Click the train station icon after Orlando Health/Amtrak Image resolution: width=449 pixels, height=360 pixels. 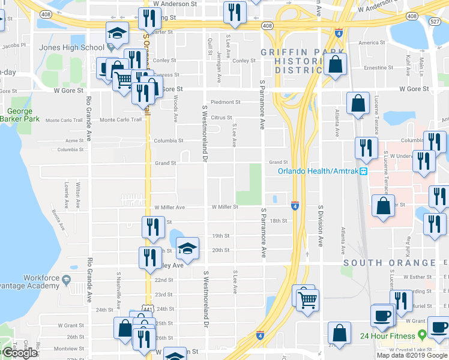tap(363, 171)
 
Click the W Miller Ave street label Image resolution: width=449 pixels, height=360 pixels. tap(169, 207)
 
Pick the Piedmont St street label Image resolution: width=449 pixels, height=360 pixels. tap(226, 102)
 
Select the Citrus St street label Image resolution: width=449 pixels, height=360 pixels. tap(221, 118)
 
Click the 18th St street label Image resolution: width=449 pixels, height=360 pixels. tap(279, 221)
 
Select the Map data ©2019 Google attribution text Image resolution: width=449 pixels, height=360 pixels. tap(412, 355)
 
